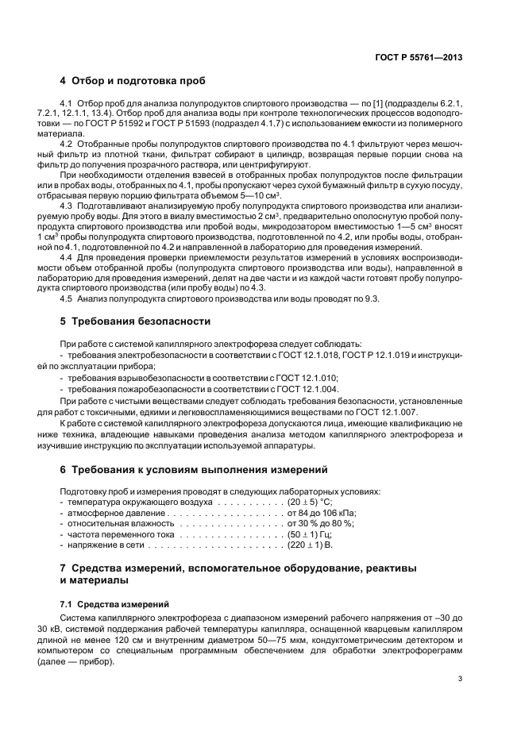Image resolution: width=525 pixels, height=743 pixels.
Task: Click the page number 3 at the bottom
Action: click(460, 678)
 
